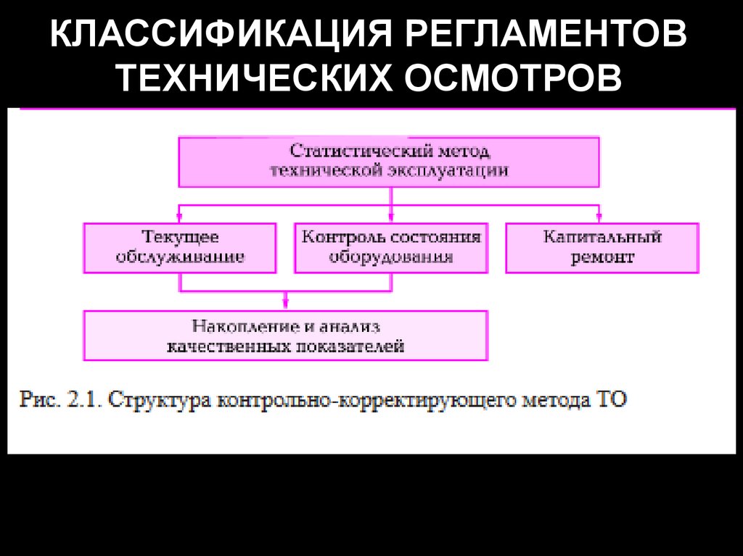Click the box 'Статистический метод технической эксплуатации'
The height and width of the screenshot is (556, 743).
[389, 162]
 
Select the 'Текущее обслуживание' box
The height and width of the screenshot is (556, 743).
[180, 247]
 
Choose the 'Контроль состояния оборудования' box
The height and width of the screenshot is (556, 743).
[391, 247]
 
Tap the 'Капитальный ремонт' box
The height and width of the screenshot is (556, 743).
[602, 247]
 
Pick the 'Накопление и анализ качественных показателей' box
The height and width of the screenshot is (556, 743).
[286, 336]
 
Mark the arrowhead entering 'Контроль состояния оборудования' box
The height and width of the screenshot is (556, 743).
[391, 217]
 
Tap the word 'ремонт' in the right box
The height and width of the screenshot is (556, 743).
[602, 257]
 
